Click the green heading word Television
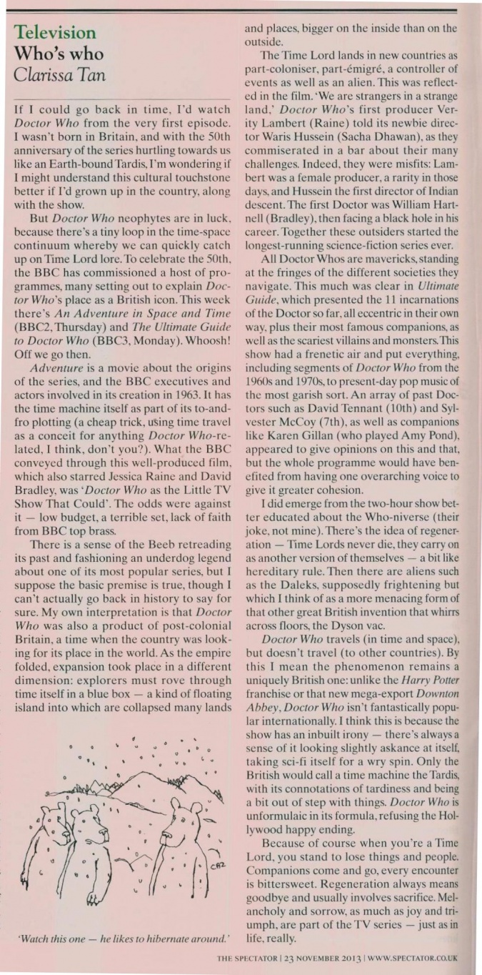(x=56, y=32)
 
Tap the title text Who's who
(x=59, y=54)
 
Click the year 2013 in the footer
(x=348, y=961)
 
